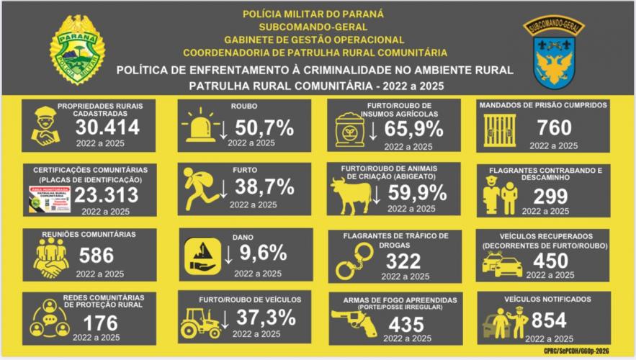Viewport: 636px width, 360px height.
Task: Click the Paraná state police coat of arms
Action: (77, 49)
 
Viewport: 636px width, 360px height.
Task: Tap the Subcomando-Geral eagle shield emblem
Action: (552, 54)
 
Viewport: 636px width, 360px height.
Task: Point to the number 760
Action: (554, 128)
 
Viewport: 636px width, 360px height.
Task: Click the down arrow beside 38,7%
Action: (224, 189)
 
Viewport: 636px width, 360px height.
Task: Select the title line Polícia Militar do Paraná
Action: (313, 14)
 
